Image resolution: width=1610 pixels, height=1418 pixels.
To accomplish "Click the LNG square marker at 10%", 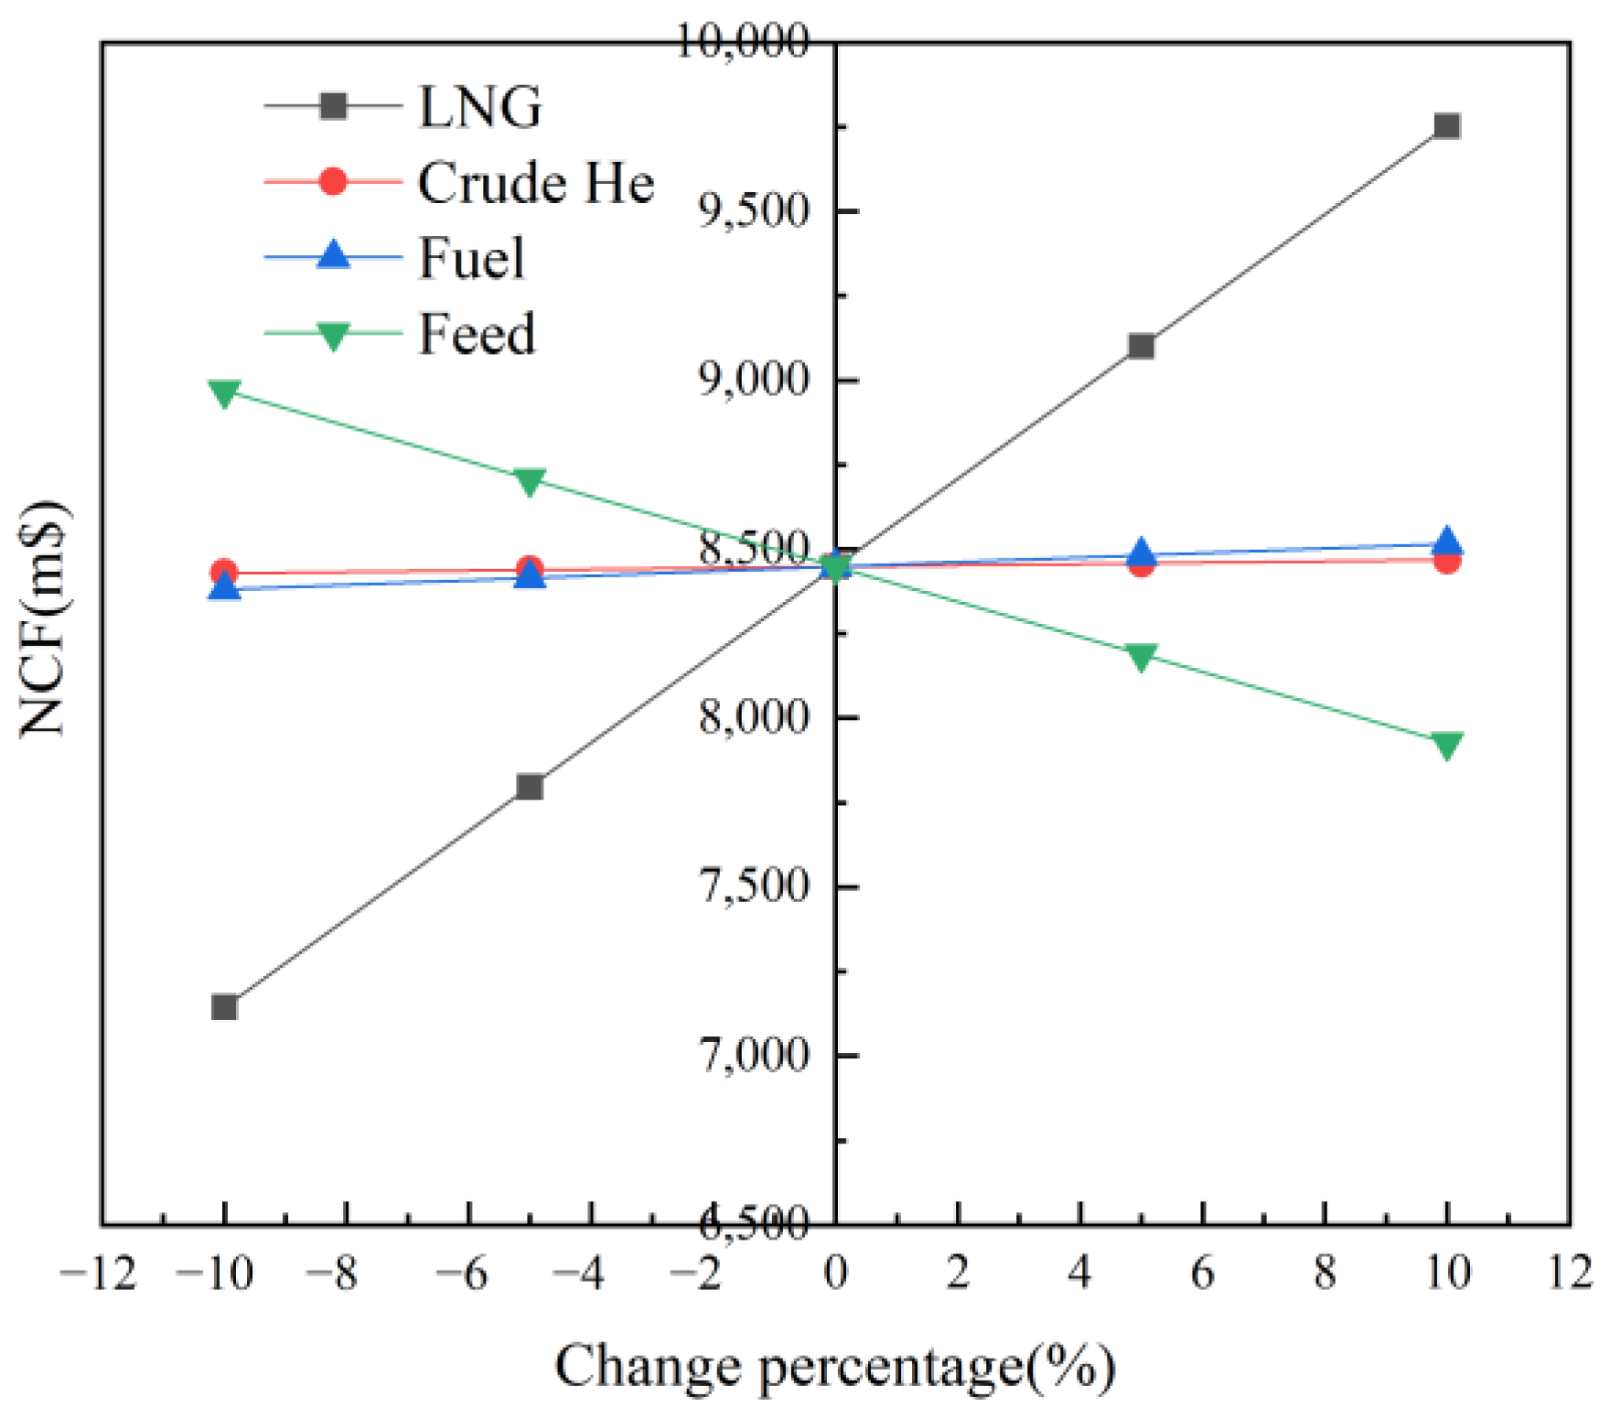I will point(1446,125).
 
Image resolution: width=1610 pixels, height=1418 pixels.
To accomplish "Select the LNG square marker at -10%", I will point(224,1007).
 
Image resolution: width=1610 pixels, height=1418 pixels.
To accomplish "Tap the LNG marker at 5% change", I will point(1141,346).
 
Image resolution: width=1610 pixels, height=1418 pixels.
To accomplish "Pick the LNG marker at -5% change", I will point(530,787).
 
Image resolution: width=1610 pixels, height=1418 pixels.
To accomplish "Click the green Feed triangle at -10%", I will point(224,392).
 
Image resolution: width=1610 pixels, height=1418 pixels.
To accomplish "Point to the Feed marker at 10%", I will point(1446,745).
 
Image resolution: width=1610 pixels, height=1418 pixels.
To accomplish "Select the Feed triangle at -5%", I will point(530,480).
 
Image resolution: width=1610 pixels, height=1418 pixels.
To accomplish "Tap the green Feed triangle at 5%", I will point(1141,657).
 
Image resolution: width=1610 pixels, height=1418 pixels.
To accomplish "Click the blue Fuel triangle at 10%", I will point(1446,542).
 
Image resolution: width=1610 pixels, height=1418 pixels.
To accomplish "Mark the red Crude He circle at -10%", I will point(224,573).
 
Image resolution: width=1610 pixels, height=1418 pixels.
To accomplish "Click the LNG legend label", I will point(479,107).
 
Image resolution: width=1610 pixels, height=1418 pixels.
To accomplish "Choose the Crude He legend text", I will point(536,182).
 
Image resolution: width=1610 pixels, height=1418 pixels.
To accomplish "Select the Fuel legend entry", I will point(472,258).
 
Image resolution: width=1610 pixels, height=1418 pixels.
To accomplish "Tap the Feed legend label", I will point(477,334).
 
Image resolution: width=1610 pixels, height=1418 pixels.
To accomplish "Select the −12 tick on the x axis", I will point(99,1273).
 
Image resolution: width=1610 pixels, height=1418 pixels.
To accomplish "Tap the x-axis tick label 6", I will point(1202,1273).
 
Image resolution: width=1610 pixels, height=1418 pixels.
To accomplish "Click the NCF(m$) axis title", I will point(43,618).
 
